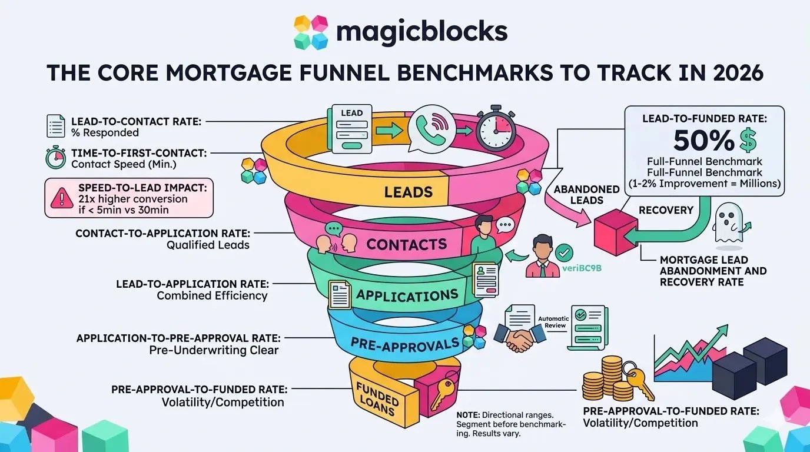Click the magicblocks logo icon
310,32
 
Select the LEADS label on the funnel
408,191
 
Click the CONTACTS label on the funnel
406,244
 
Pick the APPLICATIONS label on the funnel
407,294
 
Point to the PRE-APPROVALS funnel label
404,344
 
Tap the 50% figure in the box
701,141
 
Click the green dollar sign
748,141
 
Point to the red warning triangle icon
62,199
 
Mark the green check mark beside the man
564,253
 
